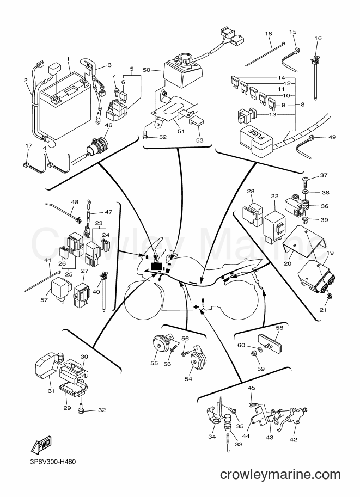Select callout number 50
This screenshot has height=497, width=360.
point(146,70)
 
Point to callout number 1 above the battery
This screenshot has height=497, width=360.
point(68,59)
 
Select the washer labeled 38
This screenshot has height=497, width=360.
point(305,192)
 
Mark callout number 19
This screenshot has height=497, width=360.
point(330,253)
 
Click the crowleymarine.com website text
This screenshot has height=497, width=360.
point(280,475)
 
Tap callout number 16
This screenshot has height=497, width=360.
point(318,38)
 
